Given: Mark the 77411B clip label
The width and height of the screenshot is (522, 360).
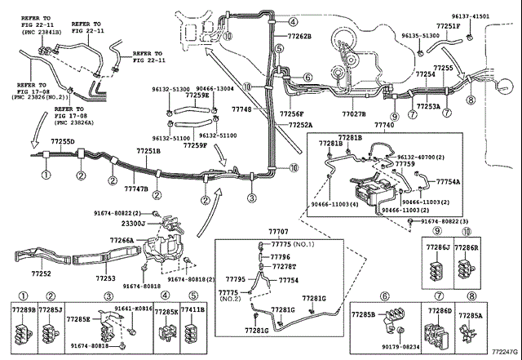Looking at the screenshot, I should [192, 311].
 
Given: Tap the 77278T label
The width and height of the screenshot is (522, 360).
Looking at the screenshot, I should [282, 266].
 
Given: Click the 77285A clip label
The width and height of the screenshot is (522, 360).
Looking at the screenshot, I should [470, 314].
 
